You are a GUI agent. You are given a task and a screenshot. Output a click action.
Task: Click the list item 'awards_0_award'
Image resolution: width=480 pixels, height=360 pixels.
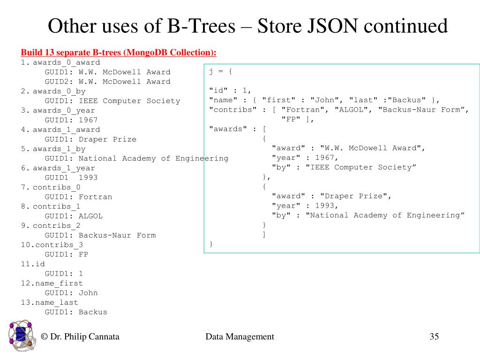(66, 62)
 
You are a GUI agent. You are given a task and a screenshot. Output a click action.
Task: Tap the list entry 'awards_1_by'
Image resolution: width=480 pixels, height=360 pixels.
(59, 149)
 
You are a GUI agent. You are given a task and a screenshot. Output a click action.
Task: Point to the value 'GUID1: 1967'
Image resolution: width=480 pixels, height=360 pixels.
(71, 120)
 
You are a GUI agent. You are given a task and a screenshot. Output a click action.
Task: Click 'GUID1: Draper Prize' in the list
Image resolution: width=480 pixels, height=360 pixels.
(90, 139)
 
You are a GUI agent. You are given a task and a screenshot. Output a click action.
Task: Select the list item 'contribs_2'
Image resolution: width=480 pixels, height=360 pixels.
(56, 225)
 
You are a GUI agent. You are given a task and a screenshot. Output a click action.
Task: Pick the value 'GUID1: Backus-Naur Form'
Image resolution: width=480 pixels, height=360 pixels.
(100, 235)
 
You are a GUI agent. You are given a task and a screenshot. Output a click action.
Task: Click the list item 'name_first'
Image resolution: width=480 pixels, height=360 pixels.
(58, 283)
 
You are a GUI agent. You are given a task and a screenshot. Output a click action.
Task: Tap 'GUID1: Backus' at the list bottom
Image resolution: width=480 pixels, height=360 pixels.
(76, 312)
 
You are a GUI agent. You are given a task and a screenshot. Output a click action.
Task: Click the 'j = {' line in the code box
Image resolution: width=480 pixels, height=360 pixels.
(221, 71)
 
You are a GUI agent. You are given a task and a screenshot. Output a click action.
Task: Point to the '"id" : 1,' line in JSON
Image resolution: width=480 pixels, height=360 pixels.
(230, 90)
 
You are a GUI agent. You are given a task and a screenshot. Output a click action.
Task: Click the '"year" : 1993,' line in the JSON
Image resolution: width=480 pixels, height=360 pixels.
(305, 206)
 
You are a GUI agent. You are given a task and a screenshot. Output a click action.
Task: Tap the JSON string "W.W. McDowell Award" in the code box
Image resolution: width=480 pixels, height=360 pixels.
(370, 148)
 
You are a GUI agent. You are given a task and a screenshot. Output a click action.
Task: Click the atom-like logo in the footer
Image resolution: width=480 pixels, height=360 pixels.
(21, 336)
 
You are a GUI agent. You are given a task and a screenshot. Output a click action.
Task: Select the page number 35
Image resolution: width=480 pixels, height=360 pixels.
(434, 337)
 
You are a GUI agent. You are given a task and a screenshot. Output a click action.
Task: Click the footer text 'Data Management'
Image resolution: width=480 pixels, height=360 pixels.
(240, 337)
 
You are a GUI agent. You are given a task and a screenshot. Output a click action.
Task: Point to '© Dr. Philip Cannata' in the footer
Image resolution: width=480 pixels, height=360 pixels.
(80, 337)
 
